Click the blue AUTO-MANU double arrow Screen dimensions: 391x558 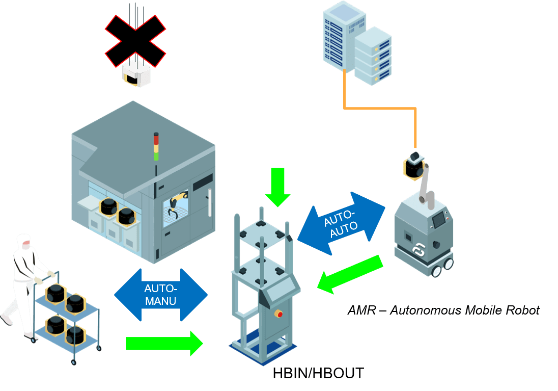[x=160, y=295]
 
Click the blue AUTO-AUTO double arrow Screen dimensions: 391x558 [x=341, y=223]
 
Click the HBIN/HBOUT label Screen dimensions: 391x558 [x=318, y=373]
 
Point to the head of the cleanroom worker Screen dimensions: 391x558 [x=23, y=241]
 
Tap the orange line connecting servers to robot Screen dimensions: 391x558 [x=379, y=108]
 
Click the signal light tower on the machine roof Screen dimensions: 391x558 [x=156, y=147]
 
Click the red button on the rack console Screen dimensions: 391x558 [x=278, y=312]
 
